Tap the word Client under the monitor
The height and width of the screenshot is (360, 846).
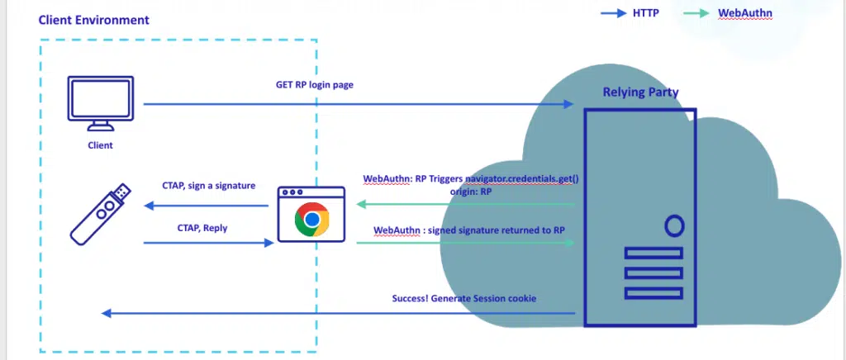click(100, 145)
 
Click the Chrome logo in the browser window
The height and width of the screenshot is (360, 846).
click(311, 220)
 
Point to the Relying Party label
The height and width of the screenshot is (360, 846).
click(640, 92)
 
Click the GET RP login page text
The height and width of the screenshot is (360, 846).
click(315, 85)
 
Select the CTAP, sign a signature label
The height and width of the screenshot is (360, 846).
click(209, 187)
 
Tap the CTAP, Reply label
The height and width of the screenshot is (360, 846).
click(202, 227)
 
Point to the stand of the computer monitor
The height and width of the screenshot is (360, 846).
click(101, 126)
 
